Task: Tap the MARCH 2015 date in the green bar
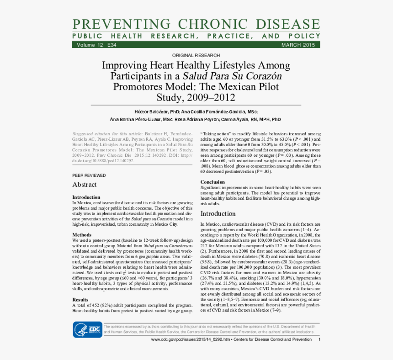pos(298,45)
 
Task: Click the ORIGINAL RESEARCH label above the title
pos(196,55)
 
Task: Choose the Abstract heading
pos(85,185)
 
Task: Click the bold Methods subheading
pos(82,235)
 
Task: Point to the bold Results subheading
pos(80,300)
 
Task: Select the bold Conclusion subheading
pos(212,182)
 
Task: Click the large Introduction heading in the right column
pos(218,213)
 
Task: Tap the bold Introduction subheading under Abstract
pos(86,197)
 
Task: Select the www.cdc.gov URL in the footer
pos(191,340)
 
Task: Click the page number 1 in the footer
pos(319,340)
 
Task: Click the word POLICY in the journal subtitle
pos(304,36)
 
